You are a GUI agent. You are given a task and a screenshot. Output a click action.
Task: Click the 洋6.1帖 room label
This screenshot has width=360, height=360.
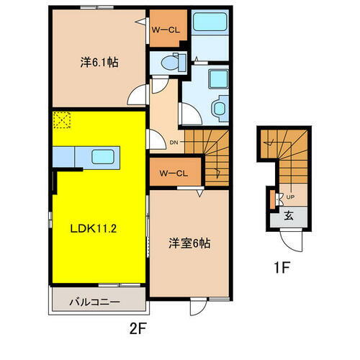99,63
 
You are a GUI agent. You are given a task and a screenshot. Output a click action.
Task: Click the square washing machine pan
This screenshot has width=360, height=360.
215,77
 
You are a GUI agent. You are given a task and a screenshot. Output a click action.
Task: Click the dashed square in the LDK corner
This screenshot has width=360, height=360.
60,120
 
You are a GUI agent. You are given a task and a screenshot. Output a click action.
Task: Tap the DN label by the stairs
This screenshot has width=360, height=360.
174,143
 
